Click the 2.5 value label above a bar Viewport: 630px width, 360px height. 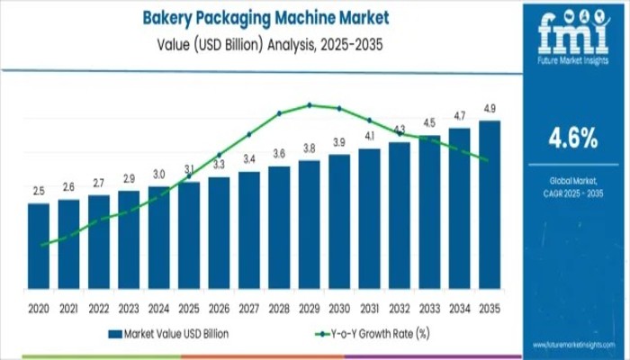(39, 192)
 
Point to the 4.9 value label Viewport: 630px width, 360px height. (490, 110)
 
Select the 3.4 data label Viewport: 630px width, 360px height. (249, 159)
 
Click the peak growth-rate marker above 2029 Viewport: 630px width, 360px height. (310, 104)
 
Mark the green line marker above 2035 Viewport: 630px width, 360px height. (487, 160)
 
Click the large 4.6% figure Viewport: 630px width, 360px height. (573, 138)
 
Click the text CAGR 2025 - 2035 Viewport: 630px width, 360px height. (573, 194)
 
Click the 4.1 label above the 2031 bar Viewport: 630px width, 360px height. (370, 136)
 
